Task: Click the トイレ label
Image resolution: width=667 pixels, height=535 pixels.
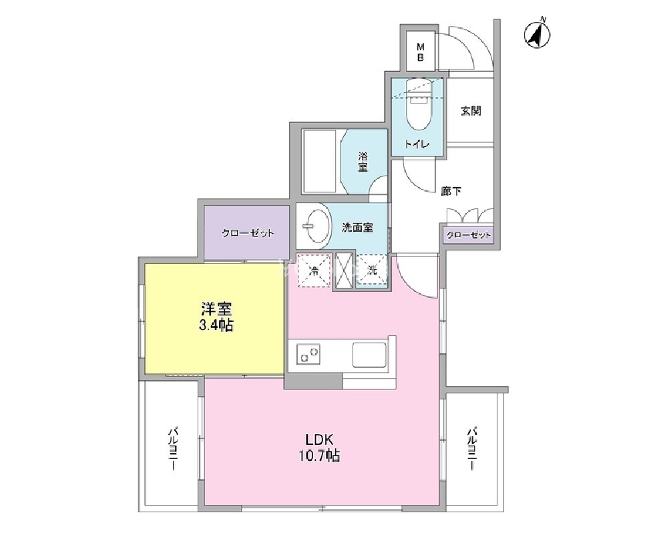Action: pos(417,144)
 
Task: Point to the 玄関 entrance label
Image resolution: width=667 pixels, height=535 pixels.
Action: pos(471,111)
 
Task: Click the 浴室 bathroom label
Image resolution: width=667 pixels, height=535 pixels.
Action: pos(363,162)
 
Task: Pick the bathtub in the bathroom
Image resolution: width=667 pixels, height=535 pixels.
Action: pos(320,162)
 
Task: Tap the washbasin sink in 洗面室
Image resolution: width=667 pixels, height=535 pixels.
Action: pos(318,226)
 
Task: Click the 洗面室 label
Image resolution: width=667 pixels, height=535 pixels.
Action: pos(357,228)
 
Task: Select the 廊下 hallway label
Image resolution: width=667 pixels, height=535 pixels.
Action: pos(451,191)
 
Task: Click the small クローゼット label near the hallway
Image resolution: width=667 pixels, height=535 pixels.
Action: pos(468,235)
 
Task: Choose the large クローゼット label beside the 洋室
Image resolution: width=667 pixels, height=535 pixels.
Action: pos(248,233)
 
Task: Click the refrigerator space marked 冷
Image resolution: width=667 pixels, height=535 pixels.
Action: pos(314,271)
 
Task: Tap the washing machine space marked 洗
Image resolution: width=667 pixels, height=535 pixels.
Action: pos(372,271)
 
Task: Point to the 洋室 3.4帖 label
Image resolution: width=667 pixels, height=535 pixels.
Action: pos(216,317)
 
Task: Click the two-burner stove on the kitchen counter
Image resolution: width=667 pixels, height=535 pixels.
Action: pos(309,354)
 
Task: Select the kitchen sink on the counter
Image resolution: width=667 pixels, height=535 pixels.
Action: pos(369,355)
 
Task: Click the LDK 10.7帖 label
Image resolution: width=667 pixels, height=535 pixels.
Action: pos(319,448)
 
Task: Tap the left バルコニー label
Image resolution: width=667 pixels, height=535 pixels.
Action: pos(173,449)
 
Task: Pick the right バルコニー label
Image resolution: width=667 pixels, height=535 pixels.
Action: pos(472,448)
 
